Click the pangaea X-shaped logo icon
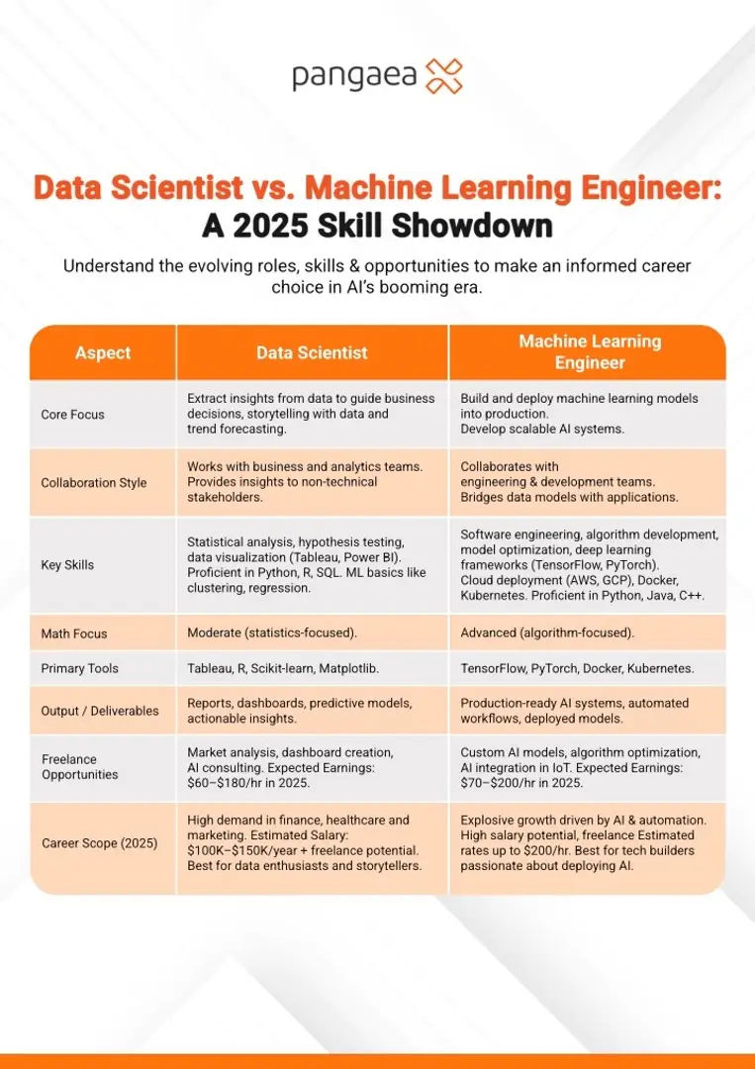click(x=443, y=75)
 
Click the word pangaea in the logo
click(x=353, y=77)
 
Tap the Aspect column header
click(x=103, y=352)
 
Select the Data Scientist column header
click(x=312, y=352)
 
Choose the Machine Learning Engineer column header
click(x=590, y=352)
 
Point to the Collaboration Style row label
click(x=94, y=483)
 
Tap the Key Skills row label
click(x=68, y=565)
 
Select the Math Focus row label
click(x=74, y=633)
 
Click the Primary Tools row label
click(x=80, y=668)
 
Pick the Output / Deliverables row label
click(x=100, y=711)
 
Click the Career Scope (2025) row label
click(x=100, y=843)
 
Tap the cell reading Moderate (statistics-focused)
click(x=272, y=633)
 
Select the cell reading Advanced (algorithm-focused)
click(x=547, y=633)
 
